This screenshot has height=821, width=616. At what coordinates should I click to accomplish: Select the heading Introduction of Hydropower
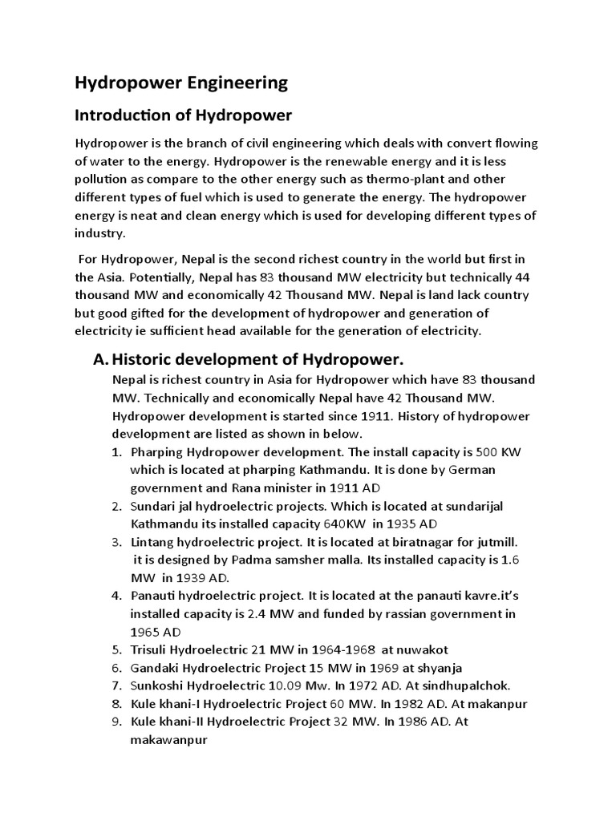click(184, 115)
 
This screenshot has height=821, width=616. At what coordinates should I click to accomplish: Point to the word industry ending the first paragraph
click(99, 233)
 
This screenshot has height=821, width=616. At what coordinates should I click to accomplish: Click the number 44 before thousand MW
click(523, 277)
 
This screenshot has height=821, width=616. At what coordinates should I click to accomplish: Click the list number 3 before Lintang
click(116, 542)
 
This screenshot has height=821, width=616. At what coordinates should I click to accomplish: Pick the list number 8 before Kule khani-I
click(116, 704)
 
